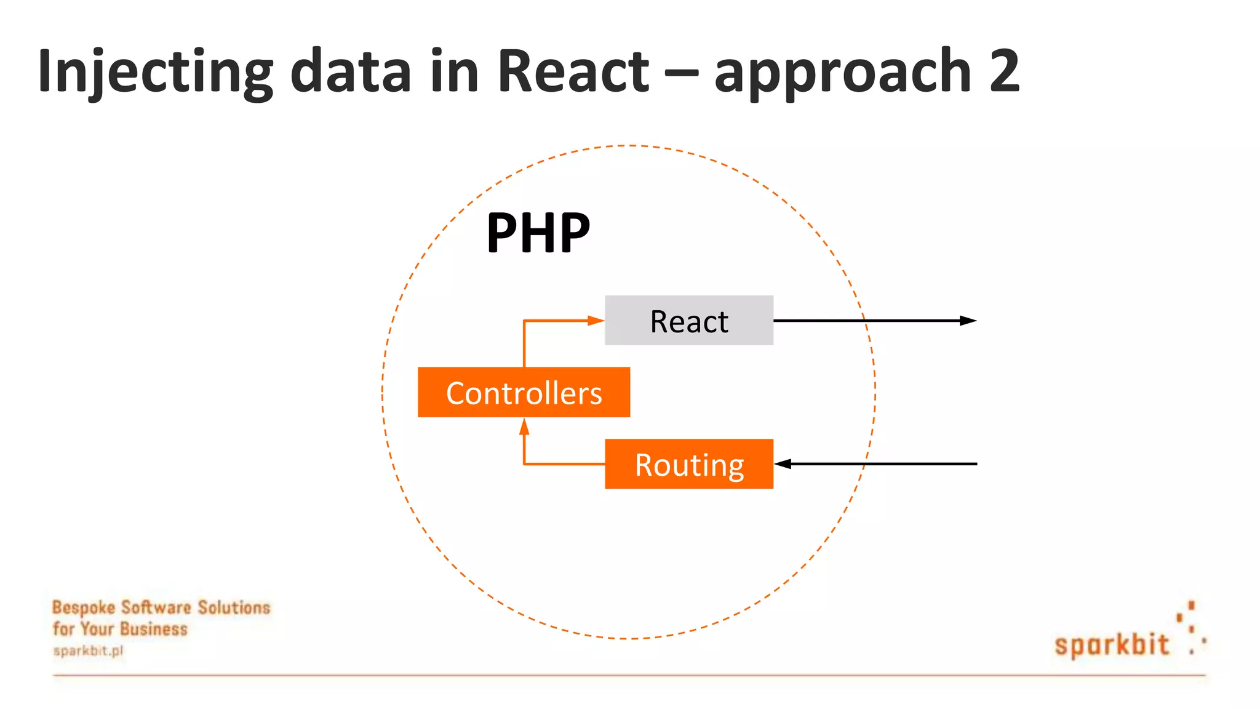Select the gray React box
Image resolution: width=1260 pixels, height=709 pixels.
click(689, 321)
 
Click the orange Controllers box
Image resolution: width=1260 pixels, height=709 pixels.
click(524, 393)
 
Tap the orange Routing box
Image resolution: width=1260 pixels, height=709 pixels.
click(689, 464)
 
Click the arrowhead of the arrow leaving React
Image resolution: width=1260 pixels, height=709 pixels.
click(968, 321)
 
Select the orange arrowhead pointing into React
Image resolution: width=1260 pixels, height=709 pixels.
click(596, 321)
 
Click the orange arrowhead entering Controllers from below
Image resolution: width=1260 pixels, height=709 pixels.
click(524, 427)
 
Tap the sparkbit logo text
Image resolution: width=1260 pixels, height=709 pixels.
click(1111, 644)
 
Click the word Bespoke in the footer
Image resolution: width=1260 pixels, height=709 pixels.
click(84, 607)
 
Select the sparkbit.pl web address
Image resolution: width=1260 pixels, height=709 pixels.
click(88, 651)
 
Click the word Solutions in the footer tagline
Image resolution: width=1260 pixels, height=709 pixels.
click(234, 607)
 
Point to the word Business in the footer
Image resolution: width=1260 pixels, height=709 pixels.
click(154, 629)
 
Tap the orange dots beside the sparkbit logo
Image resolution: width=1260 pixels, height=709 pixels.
click(1192, 628)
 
